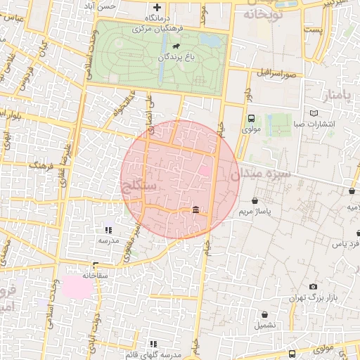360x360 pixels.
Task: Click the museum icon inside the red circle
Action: pyautogui.click(x=195, y=210)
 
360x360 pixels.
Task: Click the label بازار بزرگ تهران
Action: pyautogui.click(x=313, y=298)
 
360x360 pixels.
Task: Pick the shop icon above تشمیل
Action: pyautogui.click(x=264, y=314)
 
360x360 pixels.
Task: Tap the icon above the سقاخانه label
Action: pyautogui.click(x=95, y=265)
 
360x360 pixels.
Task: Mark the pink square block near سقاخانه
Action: pyautogui.click(x=77, y=286)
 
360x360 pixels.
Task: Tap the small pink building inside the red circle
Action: pyautogui.click(x=204, y=170)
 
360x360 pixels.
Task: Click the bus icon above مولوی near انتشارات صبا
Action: pyautogui.click(x=251, y=119)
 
